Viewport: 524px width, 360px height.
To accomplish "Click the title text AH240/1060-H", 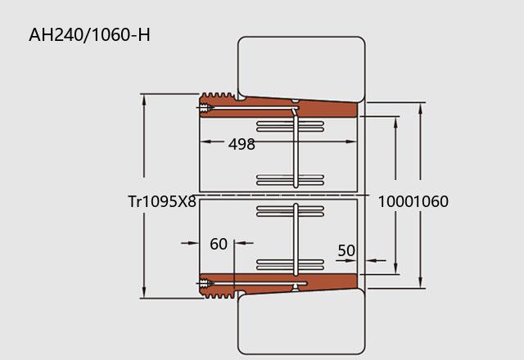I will (89, 35).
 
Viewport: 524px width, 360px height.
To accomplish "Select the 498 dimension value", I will (242, 145).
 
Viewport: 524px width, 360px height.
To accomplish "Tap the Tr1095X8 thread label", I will (162, 202).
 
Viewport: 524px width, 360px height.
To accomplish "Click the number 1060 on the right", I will (429, 202).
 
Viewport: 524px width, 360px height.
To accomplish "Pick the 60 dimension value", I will (219, 244).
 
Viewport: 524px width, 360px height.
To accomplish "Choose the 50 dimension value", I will (346, 250).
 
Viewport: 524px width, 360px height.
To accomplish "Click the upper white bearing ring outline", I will (301, 65).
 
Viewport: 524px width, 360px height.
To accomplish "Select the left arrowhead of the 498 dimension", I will (205, 142).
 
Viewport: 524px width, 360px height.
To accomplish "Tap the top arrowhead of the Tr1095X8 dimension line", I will (144, 98).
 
